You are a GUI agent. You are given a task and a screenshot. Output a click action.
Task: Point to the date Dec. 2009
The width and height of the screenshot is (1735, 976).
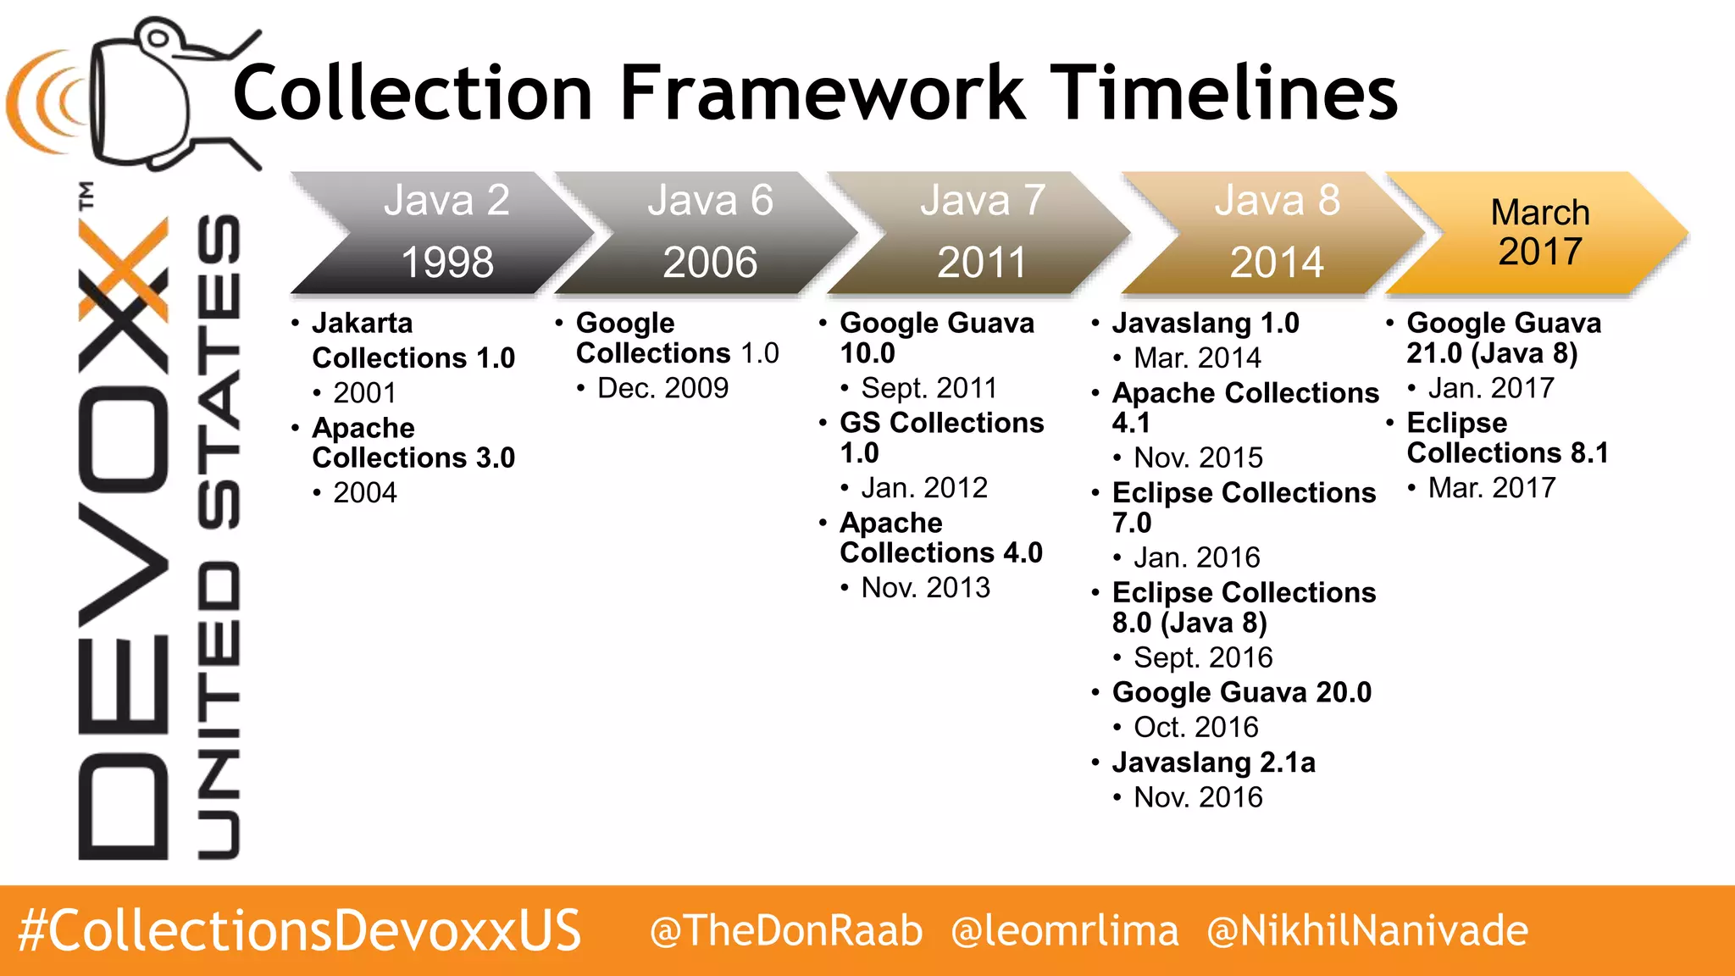coord(662,388)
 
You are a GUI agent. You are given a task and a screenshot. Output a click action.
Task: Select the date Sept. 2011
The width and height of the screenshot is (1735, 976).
coord(928,388)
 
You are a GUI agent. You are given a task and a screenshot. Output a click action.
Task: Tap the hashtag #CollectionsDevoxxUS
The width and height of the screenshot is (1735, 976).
coord(299,931)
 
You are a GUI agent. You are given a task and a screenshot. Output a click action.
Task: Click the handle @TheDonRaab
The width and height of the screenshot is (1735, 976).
coord(786,931)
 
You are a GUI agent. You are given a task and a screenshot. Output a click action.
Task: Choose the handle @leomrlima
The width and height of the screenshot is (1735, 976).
coord(1065,931)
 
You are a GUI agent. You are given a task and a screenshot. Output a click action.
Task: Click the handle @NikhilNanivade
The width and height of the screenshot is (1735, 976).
coord(1367,931)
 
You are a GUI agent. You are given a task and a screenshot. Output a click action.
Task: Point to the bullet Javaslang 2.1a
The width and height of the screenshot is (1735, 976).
coord(1213,762)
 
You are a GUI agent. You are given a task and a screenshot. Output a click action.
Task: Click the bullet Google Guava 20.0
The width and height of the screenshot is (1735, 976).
coord(1241,692)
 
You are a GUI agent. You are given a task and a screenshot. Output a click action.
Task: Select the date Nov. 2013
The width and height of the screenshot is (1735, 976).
coord(925,588)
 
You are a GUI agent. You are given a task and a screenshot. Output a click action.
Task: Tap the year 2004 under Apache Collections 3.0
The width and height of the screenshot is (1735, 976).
coord(364,493)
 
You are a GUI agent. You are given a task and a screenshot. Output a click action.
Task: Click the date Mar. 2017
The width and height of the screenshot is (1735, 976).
coord(1491,488)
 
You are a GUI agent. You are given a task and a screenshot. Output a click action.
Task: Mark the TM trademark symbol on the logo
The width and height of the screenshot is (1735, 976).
coord(86,196)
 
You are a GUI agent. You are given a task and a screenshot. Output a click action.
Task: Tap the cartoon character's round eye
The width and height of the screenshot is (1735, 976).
coord(158,37)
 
